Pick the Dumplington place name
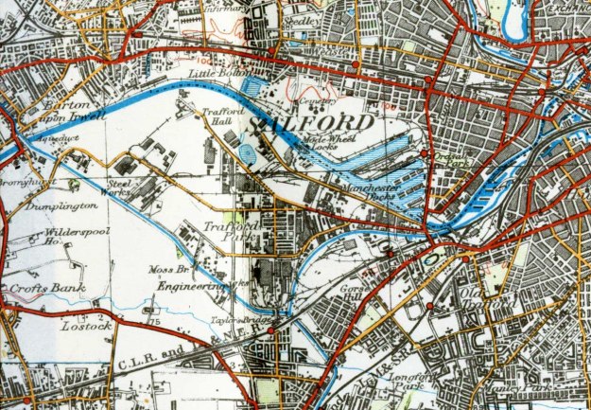[61, 205]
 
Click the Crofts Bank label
[44, 288]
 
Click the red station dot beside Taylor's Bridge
[272, 332]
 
